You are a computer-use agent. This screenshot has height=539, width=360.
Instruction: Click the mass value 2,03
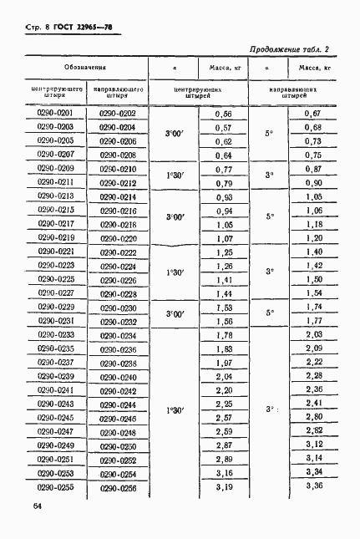pyautogui.click(x=314, y=334)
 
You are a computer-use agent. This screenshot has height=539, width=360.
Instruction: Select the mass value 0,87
pyautogui.click(x=314, y=168)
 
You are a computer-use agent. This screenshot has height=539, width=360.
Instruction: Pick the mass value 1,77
pyautogui.click(x=314, y=320)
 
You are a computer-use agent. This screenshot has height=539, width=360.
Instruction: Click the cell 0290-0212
pyautogui.click(x=118, y=182)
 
